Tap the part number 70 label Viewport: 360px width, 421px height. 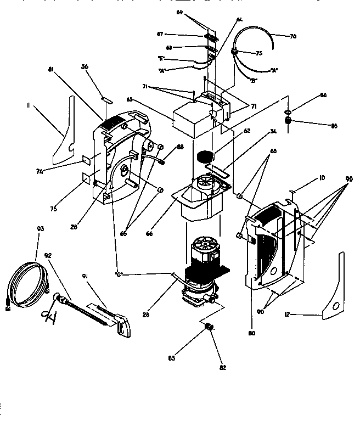point(293,37)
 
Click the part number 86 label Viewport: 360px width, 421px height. point(323,96)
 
